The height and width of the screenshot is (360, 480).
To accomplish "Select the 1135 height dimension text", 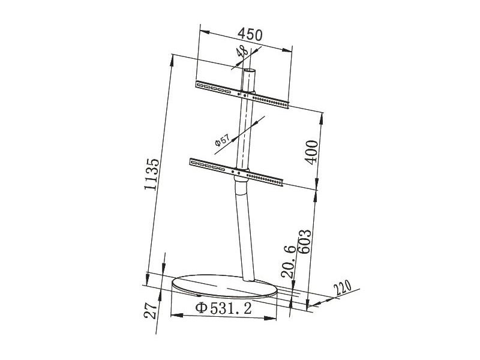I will (x=154, y=175).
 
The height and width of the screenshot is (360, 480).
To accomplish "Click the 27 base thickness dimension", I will (x=151, y=310).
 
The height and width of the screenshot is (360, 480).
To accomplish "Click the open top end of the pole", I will (x=249, y=71).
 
